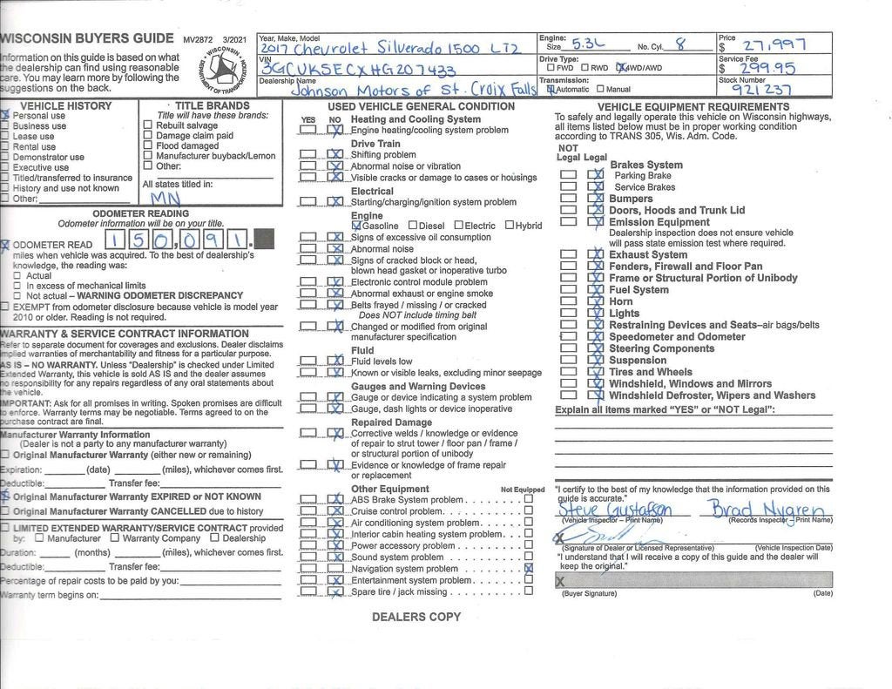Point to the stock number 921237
click(760, 89)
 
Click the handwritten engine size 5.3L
click(588, 43)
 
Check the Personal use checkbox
click(5, 115)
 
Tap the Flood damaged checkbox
click(147, 145)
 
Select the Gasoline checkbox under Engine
click(355, 226)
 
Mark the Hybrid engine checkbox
click(509, 226)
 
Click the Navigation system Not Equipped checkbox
click(528, 569)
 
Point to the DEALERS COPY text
click(416, 617)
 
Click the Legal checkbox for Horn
click(597, 302)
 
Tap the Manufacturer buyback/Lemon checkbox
click(147, 156)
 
